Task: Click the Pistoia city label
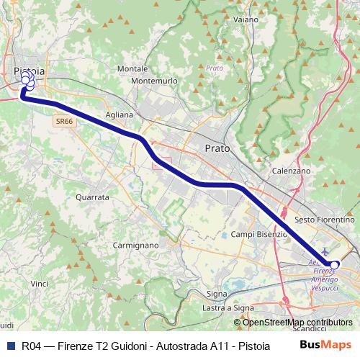tap(30, 71)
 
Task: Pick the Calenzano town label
tap(291, 171)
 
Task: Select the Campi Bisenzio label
tap(259, 234)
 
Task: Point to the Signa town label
tap(217, 294)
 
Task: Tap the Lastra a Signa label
tap(228, 307)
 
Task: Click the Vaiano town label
tap(246, 19)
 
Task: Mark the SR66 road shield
tap(63, 122)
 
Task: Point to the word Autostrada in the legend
tap(177, 345)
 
